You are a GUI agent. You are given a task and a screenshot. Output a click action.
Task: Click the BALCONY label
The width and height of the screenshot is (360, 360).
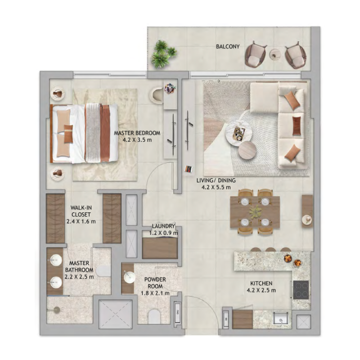coord(228,46)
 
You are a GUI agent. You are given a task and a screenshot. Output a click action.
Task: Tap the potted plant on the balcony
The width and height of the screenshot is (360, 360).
coord(163,54)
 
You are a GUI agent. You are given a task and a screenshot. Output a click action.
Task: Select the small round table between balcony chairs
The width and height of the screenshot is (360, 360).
coord(275,54)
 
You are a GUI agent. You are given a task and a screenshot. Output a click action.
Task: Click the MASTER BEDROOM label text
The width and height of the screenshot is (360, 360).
coord(137,133)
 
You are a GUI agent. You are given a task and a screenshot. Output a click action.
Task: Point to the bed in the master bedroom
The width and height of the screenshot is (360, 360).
coord(84,133)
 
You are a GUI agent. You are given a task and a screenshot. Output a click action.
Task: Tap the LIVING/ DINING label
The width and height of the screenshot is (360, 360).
coord(216,180)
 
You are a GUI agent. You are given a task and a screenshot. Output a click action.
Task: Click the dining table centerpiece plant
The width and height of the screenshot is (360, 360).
coord(255,211)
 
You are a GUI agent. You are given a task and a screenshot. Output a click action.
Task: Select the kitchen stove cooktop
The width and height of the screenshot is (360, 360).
coord(301,289)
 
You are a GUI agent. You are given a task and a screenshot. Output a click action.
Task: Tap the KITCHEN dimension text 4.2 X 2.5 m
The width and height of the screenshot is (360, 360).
coord(261,290)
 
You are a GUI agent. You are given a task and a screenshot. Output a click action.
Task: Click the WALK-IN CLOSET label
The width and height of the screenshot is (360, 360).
coord(81,211)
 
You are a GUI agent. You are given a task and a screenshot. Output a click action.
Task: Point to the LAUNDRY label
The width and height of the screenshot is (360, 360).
coord(163,226)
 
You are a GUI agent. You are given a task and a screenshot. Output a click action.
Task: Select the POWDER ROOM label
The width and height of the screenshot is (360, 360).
coord(155,283)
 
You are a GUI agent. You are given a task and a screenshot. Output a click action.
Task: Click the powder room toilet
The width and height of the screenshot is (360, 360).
coord(154,317)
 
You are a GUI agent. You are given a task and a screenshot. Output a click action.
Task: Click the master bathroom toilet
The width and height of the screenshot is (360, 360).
coord(103,271)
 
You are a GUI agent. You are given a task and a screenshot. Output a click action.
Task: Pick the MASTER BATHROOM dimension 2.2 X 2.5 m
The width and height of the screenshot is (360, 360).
coord(79,277)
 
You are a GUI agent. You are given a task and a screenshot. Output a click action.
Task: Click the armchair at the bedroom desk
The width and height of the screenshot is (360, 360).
coord(157,94)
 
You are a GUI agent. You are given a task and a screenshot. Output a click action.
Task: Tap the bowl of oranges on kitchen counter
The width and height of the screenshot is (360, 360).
coord(288,258)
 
